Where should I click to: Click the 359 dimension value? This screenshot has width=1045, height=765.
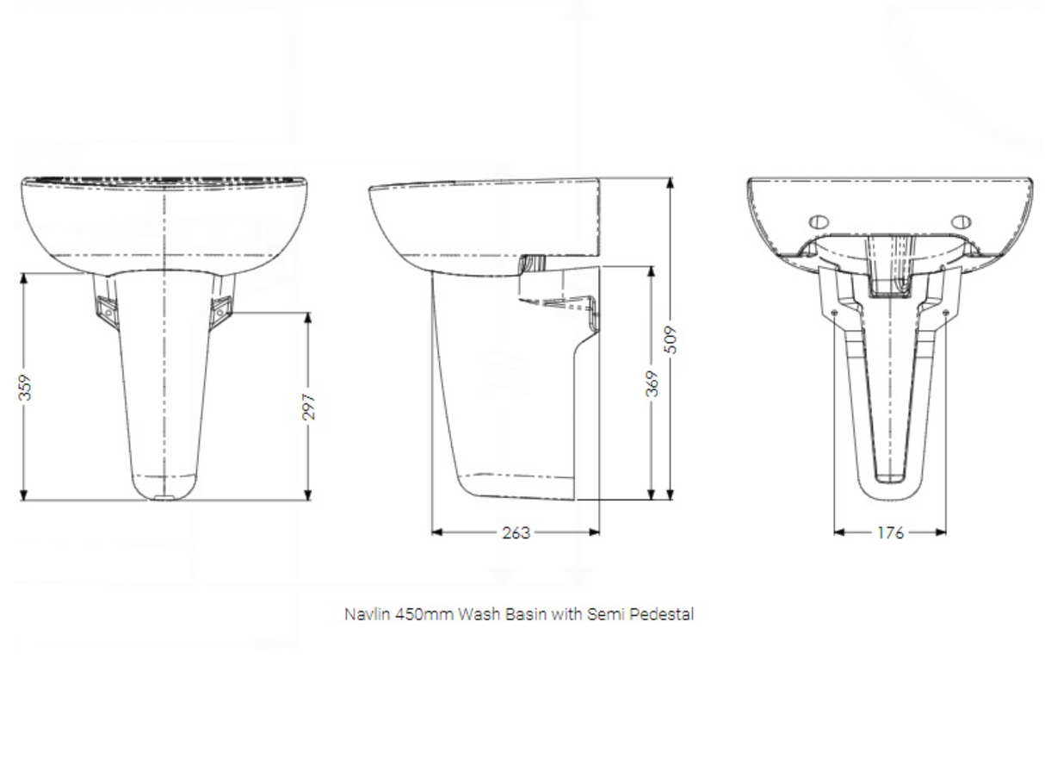(x=26, y=387)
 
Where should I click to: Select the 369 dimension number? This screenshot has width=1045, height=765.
(x=652, y=383)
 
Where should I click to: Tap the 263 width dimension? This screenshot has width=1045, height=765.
(x=516, y=532)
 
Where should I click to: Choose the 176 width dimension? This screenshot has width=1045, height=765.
(x=890, y=532)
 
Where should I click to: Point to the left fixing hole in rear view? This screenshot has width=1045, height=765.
(x=819, y=221)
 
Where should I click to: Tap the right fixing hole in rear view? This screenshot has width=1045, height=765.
(x=962, y=221)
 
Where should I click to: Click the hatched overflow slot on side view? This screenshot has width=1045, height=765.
(x=535, y=261)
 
